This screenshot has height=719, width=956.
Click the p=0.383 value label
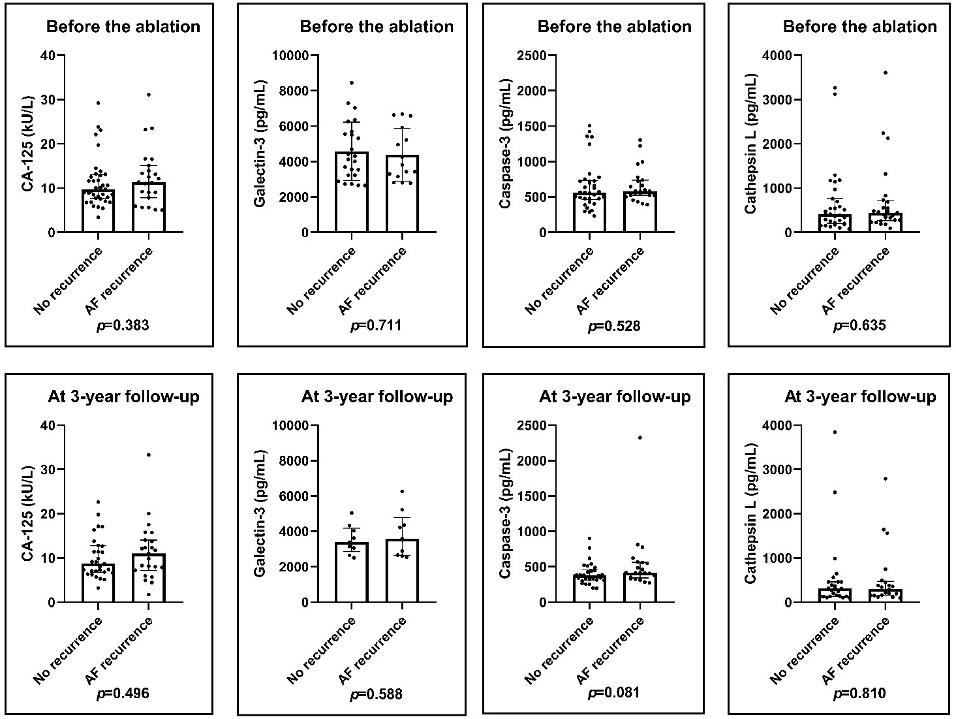(x=123, y=325)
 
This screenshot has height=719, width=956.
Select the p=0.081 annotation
(x=614, y=693)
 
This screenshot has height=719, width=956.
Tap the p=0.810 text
(x=859, y=693)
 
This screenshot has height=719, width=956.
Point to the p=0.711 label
(x=376, y=325)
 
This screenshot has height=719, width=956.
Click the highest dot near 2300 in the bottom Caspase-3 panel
(x=640, y=438)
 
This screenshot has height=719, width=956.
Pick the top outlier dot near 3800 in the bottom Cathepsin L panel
(x=835, y=432)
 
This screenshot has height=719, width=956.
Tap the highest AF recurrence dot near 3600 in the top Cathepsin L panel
(x=885, y=72)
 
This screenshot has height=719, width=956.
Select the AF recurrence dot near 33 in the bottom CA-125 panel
(x=148, y=455)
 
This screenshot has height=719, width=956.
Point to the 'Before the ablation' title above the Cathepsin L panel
(x=859, y=27)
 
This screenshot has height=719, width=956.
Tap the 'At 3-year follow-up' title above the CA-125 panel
(x=123, y=396)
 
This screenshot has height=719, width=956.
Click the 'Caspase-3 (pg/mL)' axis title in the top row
(x=504, y=144)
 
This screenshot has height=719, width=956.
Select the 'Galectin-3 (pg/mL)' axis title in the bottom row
(x=260, y=513)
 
